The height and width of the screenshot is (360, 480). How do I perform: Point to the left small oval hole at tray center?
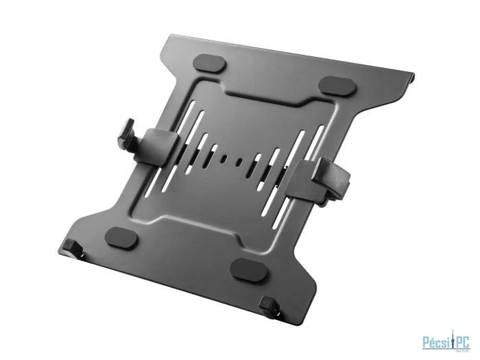coord(224,159)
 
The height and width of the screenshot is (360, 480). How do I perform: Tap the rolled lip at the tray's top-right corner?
coord(413,71)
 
